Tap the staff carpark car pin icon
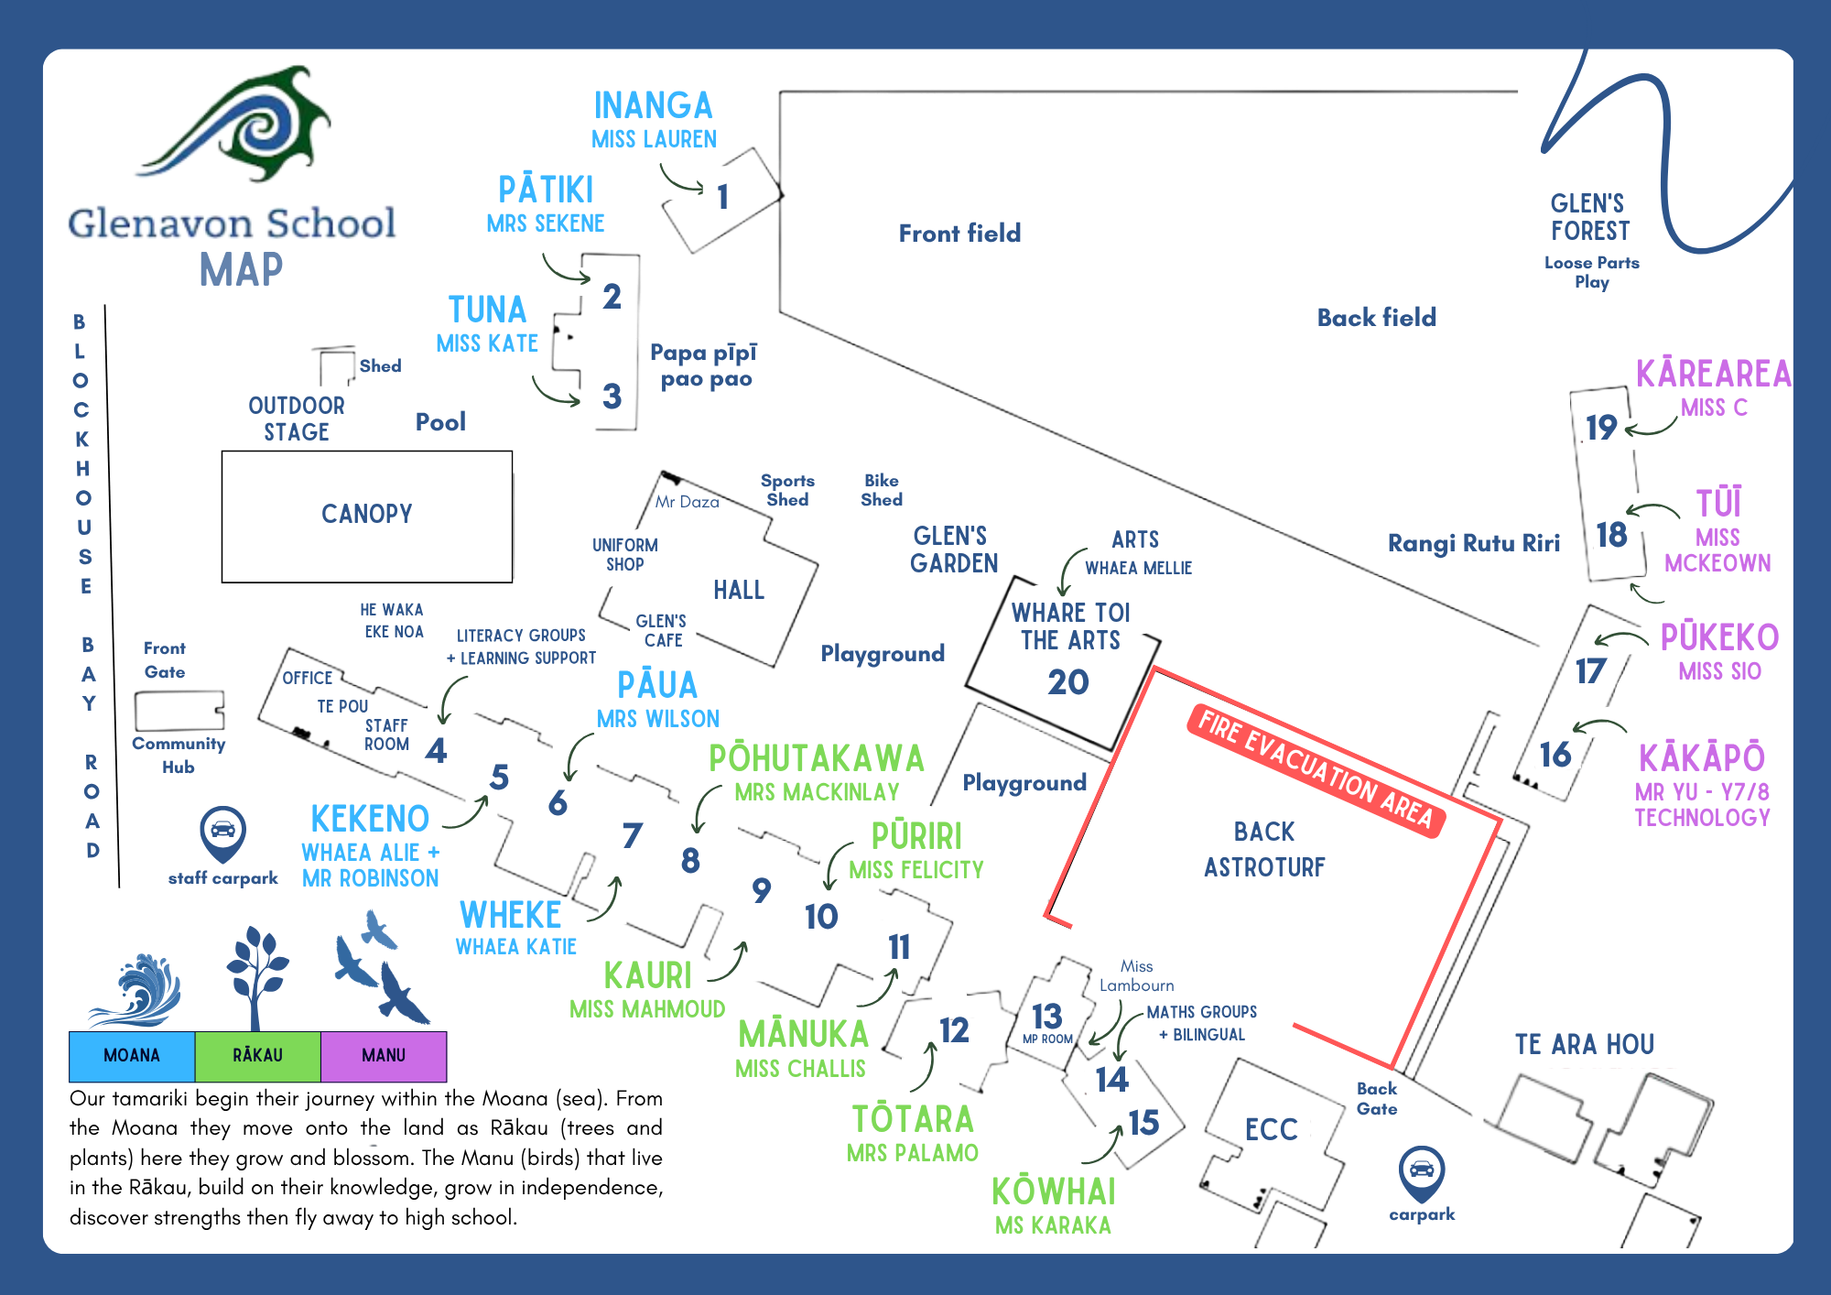coord(222,832)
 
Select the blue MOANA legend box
coord(132,1056)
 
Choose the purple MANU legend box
coord(384,1056)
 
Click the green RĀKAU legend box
coord(258,1056)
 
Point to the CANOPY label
coord(367,514)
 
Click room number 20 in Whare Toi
coord(1068,682)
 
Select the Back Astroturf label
coord(1264,849)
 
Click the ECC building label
coord(1272,1129)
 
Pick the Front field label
coord(959,234)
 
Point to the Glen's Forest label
coord(1590,217)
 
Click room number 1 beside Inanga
coord(723,197)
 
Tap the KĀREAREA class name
coord(1713,374)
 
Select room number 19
coord(1601,428)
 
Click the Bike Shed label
coord(882,490)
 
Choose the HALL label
coord(739,590)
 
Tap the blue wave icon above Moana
coord(135,990)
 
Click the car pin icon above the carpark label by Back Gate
coord(1422,1173)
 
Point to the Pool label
coord(440,422)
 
